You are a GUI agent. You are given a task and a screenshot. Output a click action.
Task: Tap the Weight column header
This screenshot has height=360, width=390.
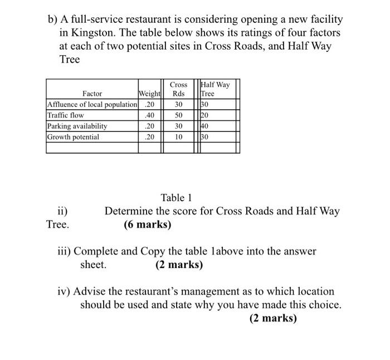point(149,94)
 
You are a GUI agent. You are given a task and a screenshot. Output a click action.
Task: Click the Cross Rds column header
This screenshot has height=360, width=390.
point(178,89)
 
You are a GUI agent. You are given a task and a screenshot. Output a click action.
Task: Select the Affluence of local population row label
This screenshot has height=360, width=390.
point(92,104)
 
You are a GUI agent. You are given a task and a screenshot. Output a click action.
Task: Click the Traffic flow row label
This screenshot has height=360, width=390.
point(66,115)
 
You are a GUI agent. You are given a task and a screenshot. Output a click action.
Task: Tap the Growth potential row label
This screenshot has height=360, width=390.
point(73,137)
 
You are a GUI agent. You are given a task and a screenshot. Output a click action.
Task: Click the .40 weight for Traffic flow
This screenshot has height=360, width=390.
point(149,115)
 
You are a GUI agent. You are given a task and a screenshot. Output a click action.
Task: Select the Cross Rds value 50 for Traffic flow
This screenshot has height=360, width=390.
point(178,115)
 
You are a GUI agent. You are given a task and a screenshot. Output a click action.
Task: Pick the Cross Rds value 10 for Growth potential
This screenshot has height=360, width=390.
point(178,137)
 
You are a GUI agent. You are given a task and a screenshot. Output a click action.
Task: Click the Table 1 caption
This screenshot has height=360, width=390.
point(177,197)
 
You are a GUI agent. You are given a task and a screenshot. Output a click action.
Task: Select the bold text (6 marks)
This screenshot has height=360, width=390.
point(147,226)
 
